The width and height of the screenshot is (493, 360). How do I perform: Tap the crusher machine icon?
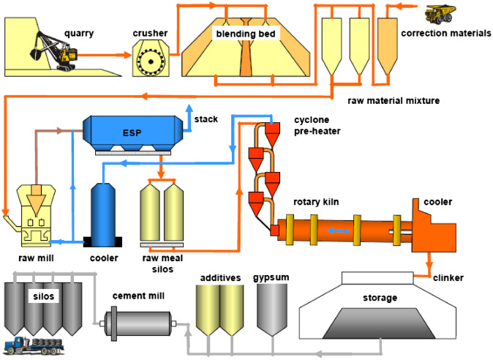coord(151,59)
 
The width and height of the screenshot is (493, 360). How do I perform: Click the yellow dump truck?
coord(440,14)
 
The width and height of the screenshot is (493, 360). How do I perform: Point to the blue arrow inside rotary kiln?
coord(337,228)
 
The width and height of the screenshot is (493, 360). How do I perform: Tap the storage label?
coord(380,298)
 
